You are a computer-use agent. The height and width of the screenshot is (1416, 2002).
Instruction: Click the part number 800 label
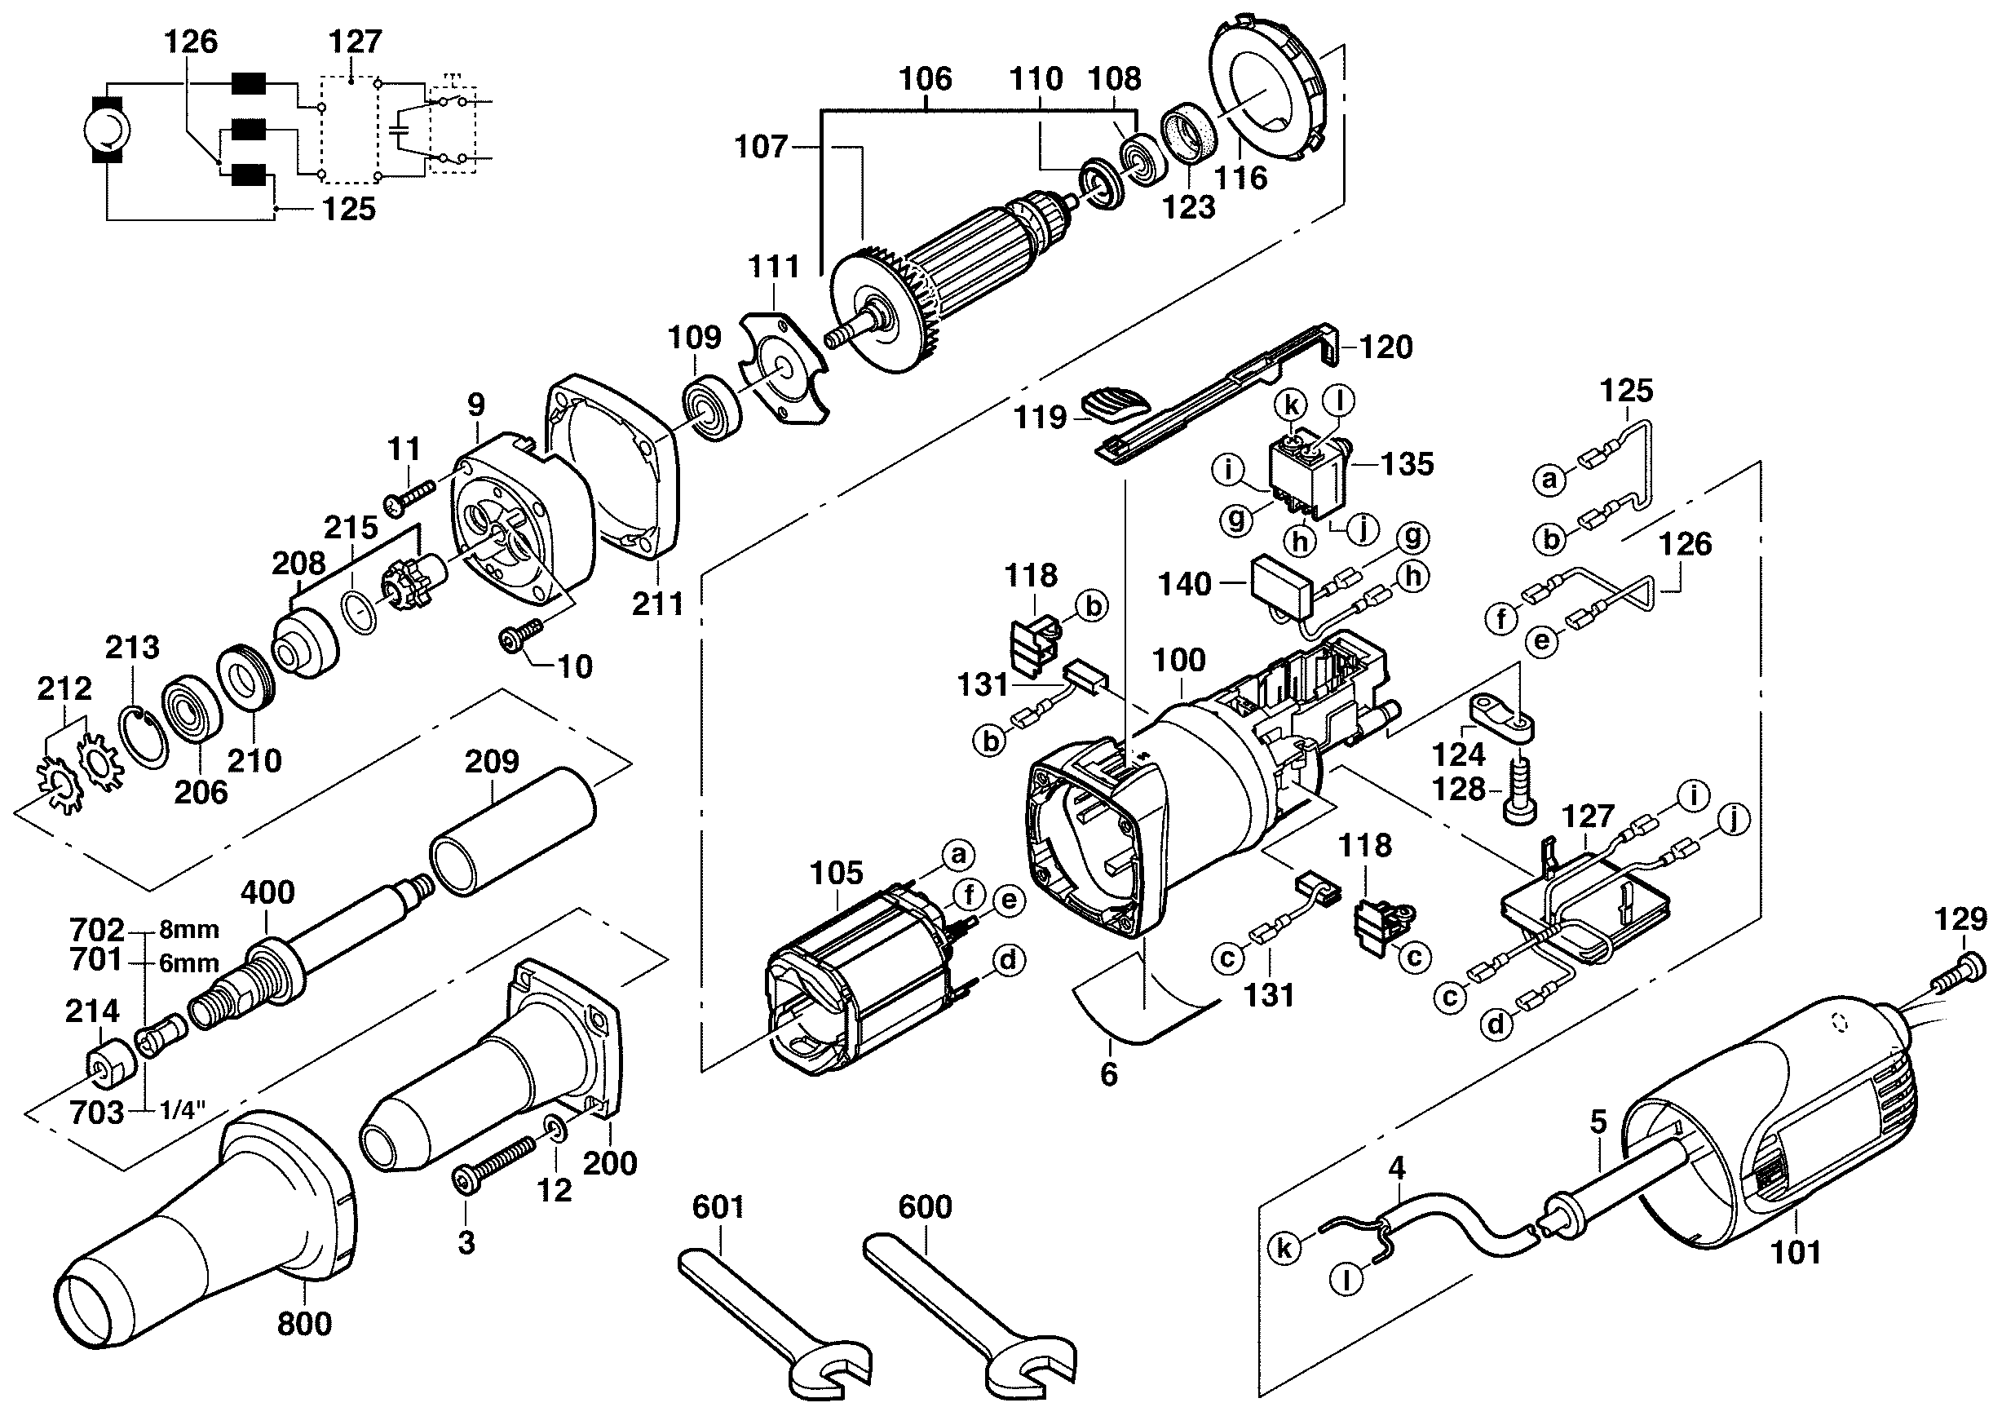304,1324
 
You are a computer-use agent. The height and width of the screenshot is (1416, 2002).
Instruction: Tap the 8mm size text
189,930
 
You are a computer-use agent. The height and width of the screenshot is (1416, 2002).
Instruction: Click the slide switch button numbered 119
1115,408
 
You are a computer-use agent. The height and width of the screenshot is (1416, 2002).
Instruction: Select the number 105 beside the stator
836,872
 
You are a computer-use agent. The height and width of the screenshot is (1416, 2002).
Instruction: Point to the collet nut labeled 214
111,1064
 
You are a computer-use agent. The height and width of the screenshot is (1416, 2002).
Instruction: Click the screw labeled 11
409,498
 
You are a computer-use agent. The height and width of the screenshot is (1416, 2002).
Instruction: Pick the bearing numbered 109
712,407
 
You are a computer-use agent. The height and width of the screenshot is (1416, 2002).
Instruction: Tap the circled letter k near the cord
1284,1248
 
